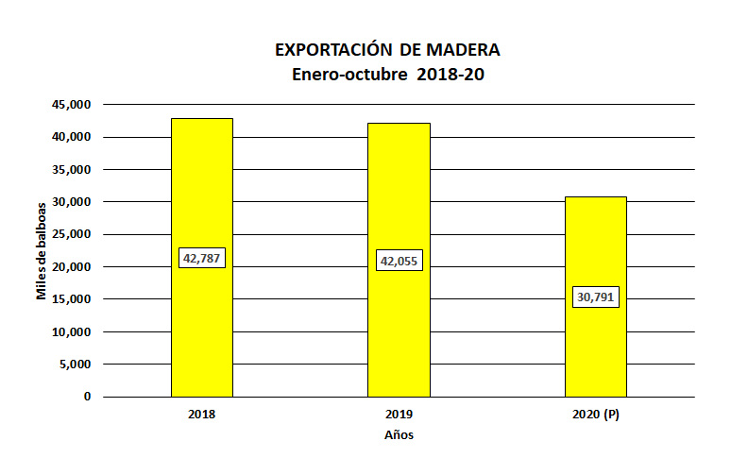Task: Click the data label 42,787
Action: click(202, 257)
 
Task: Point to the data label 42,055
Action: click(399, 261)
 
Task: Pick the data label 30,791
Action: click(596, 297)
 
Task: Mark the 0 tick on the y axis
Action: click(88, 397)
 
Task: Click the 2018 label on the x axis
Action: click(201, 415)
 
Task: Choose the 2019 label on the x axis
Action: click(399, 415)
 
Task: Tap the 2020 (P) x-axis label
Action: click(595, 415)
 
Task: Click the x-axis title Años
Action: click(399, 435)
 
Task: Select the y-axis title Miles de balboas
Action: click(42, 250)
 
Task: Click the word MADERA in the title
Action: click(463, 49)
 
